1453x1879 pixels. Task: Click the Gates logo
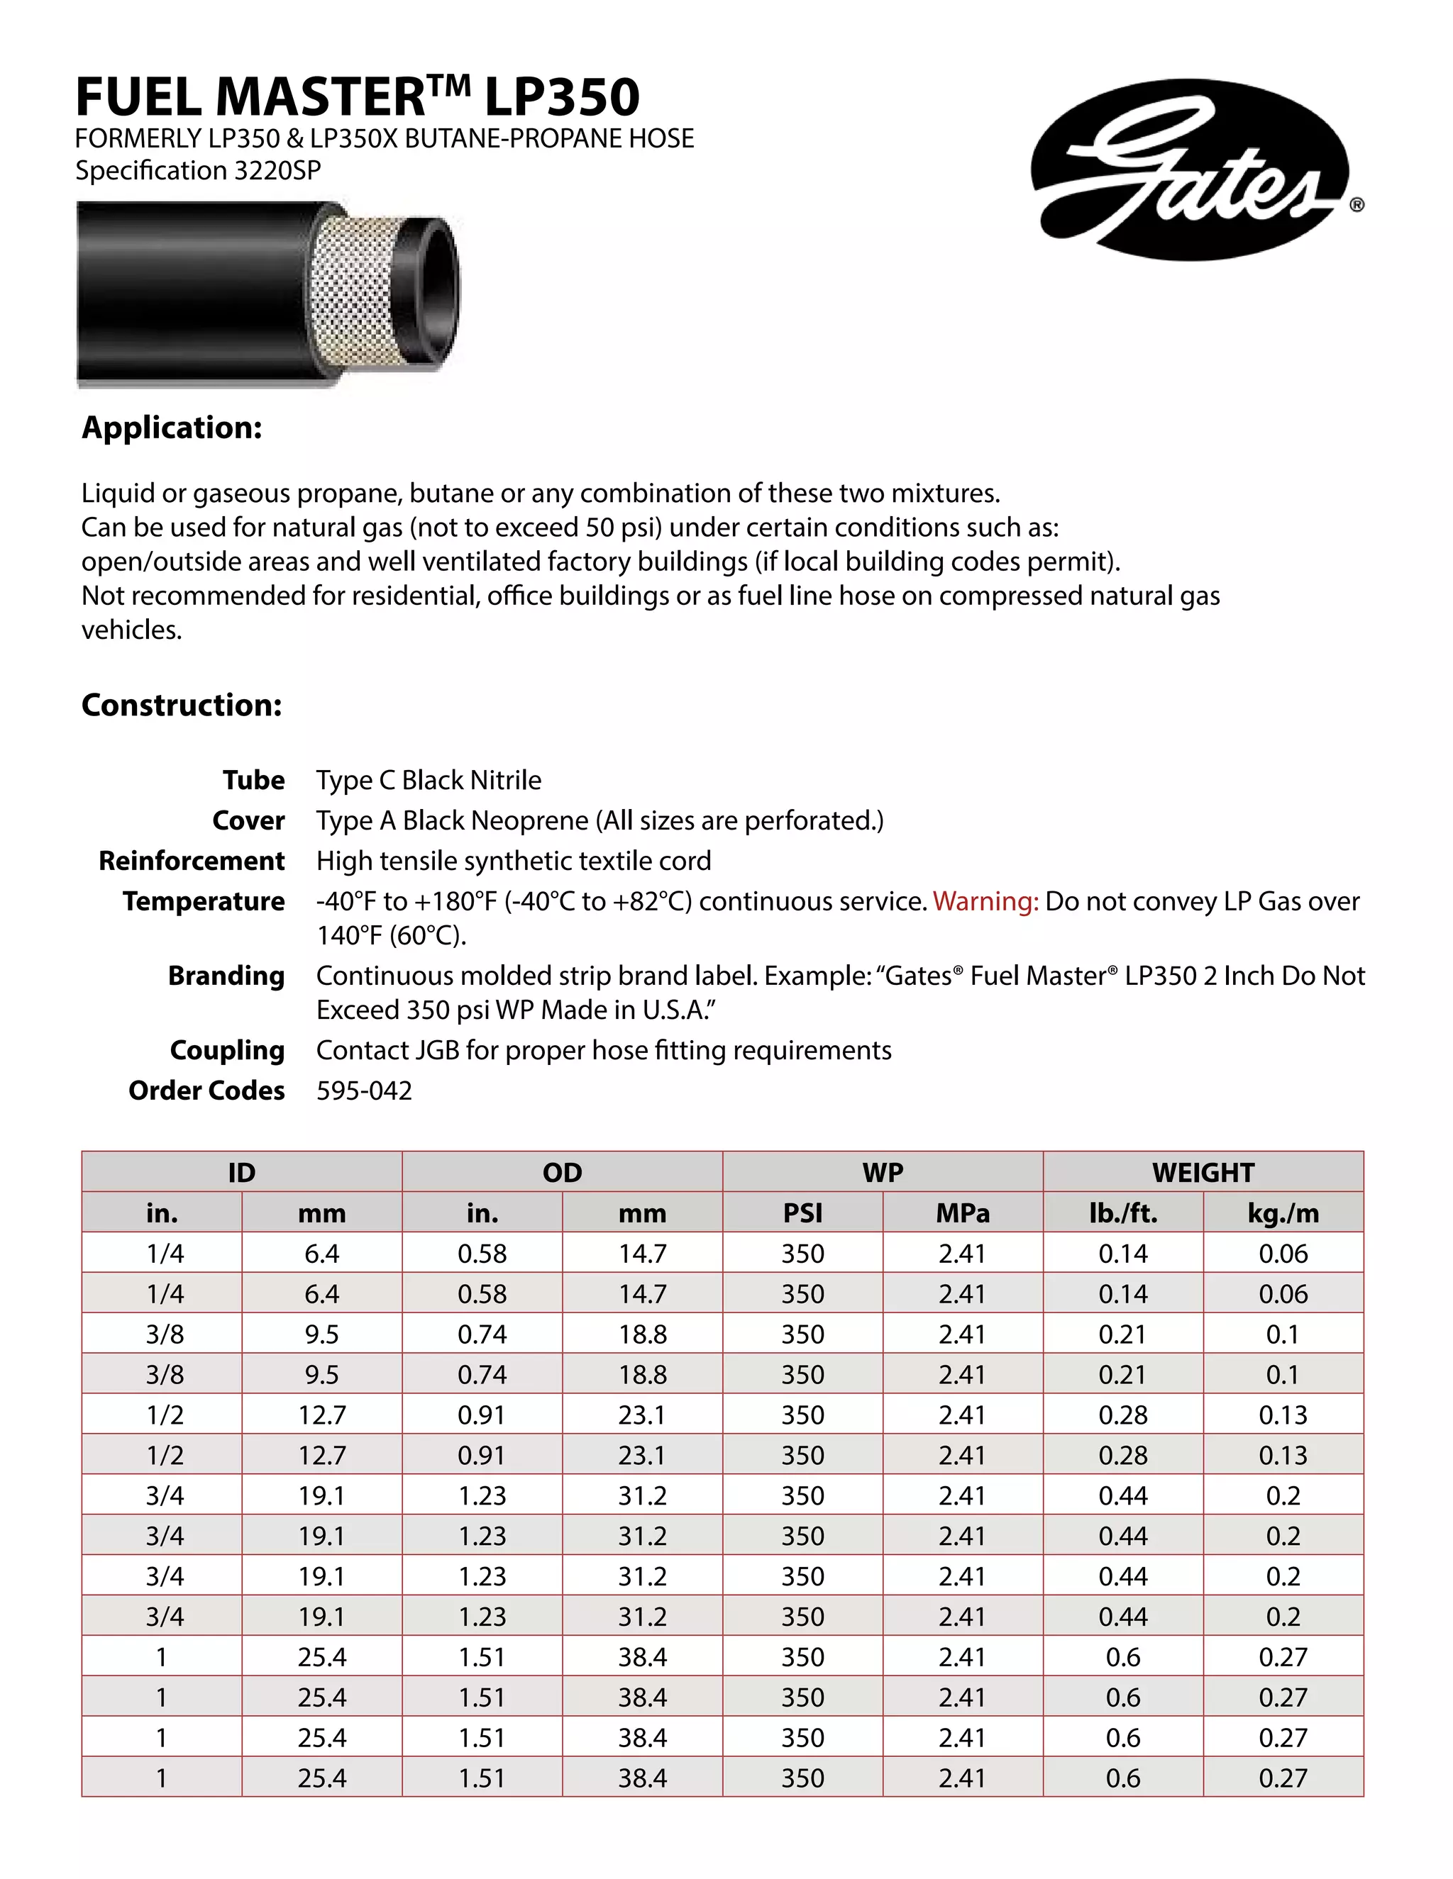click(x=1190, y=169)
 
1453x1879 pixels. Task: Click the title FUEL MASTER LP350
click(x=358, y=96)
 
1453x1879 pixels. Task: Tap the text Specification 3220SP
click(x=198, y=170)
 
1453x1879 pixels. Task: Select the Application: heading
click(x=171, y=428)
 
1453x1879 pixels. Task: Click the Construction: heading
click(x=182, y=705)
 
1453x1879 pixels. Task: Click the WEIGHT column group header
click(x=1203, y=1172)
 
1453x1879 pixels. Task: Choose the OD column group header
click(x=562, y=1172)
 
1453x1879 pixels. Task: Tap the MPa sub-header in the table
click(x=962, y=1213)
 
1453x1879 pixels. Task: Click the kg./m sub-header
click(x=1283, y=1213)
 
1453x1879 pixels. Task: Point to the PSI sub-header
click(x=802, y=1213)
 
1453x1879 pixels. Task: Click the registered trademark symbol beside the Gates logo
click(x=1356, y=205)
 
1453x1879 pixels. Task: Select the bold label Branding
click(x=226, y=976)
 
